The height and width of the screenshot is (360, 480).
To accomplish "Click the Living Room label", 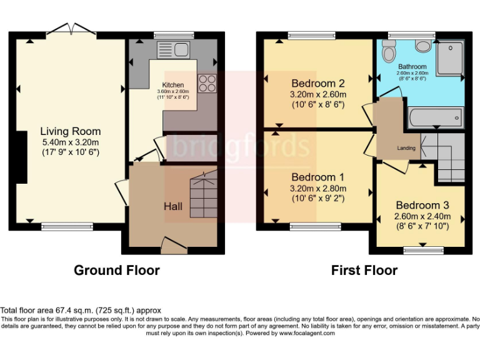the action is pyautogui.click(x=71, y=131).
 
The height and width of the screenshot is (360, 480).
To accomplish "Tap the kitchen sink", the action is pyautogui.click(x=173, y=50).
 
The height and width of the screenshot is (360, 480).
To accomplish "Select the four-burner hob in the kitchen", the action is pyautogui.click(x=207, y=83).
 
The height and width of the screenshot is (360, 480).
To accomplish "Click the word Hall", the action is pyautogui.click(x=173, y=206).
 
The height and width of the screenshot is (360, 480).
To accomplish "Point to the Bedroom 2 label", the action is pyautogui.click(x=318, y=83).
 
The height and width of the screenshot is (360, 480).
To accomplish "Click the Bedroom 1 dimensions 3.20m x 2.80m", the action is pyautogui.click(x=318, y=188).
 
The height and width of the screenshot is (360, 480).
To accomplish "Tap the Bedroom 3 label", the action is pyautogui.click(x=422, y=205).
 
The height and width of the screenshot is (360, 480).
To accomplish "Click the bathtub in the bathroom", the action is pyautogui.click(x=436, y=117).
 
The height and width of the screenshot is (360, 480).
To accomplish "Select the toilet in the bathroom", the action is pyautogui.click(x=389, y=51).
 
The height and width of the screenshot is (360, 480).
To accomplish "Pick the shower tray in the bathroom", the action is pyautogui.click(x=450, y=58).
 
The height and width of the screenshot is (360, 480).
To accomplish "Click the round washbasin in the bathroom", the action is pyautogui.click(x=423, y=46).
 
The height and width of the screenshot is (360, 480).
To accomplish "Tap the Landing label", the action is pyautogui.click(x=406, y=148).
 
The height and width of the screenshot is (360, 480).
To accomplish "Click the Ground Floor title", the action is pyautogui.click(x=117, y=271).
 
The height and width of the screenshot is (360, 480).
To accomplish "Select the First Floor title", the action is pyautogui.click(x=364, y=271).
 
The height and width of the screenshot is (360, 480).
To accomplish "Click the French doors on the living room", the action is pyautogui.click(x=71, y=29).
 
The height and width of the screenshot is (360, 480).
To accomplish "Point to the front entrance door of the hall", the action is pyautogui.click(x=174, y=245).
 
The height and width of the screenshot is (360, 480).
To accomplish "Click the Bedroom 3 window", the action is pyautogui.click(x=423, y=251).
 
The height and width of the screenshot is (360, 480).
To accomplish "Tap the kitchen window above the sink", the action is pyautogui.click(x=174, y=35).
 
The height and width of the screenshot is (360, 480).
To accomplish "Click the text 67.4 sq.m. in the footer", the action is pyautogui.click(x=74, y=311).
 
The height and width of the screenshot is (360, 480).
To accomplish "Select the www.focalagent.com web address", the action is pyautogui.click(x=307, y=333).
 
